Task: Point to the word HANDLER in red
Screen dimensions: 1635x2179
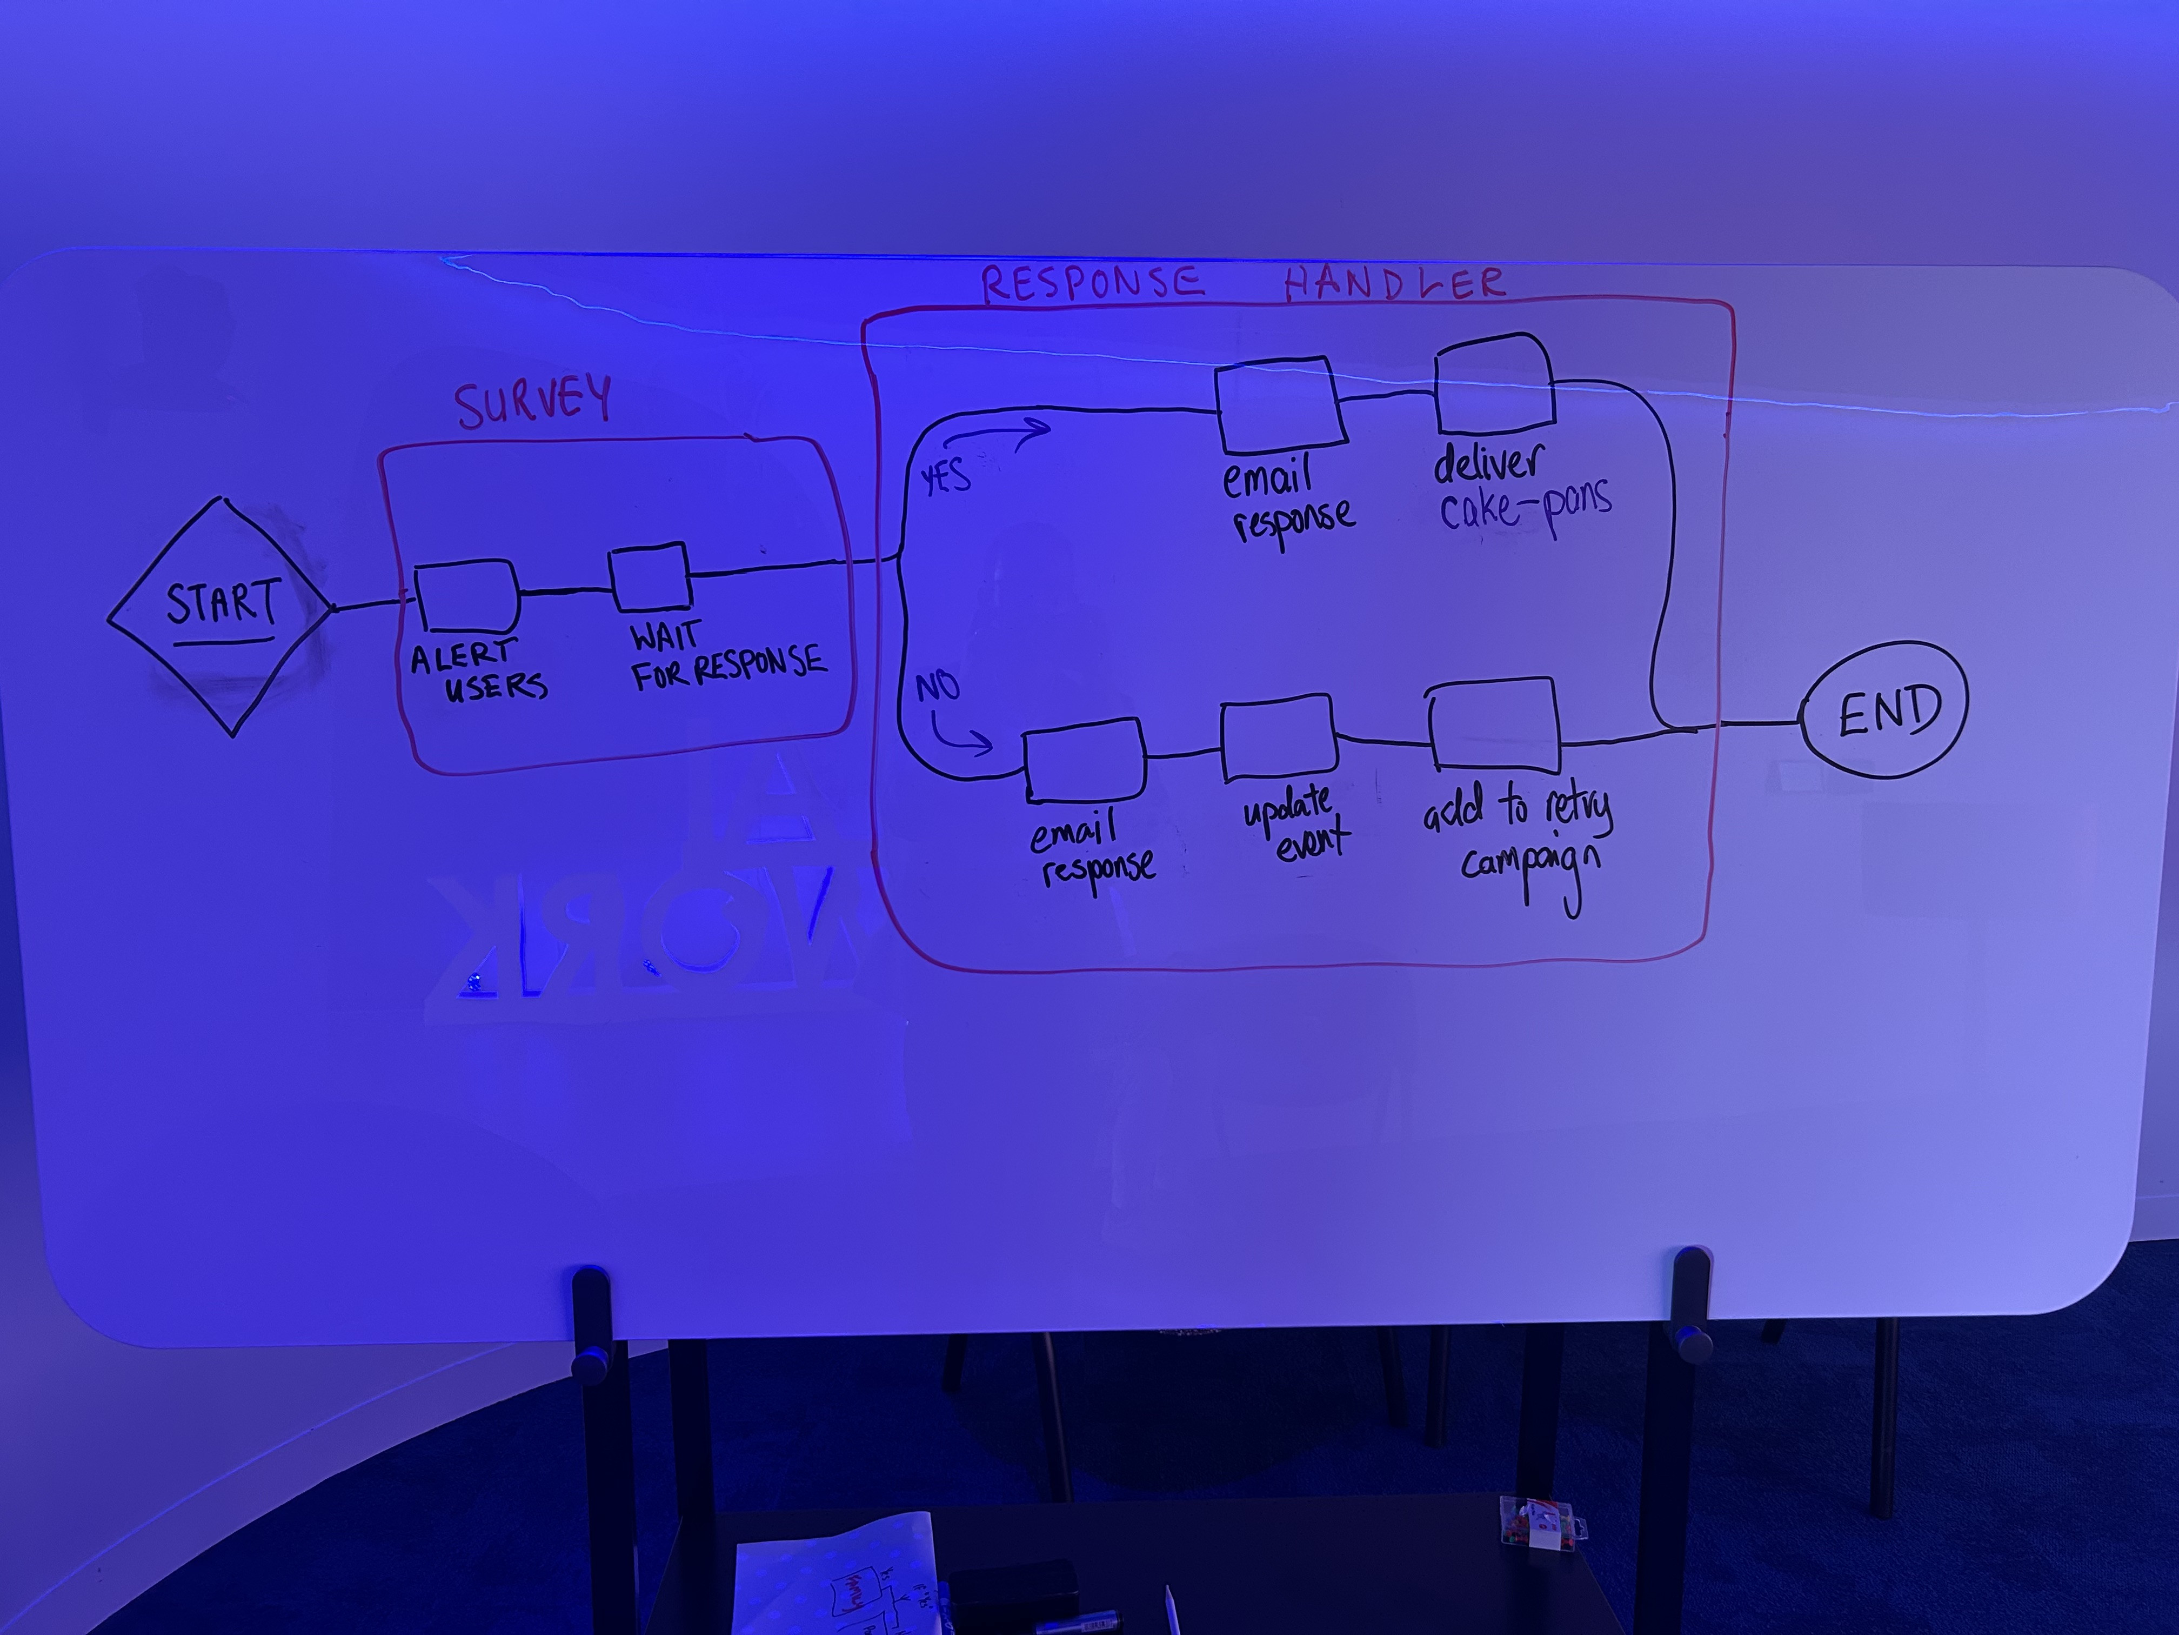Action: click(1394, 284)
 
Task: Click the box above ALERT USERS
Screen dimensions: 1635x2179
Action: click(466, 596)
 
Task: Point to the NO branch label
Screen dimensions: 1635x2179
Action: click(937, 686)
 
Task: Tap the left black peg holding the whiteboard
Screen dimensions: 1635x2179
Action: click(591, 1321)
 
